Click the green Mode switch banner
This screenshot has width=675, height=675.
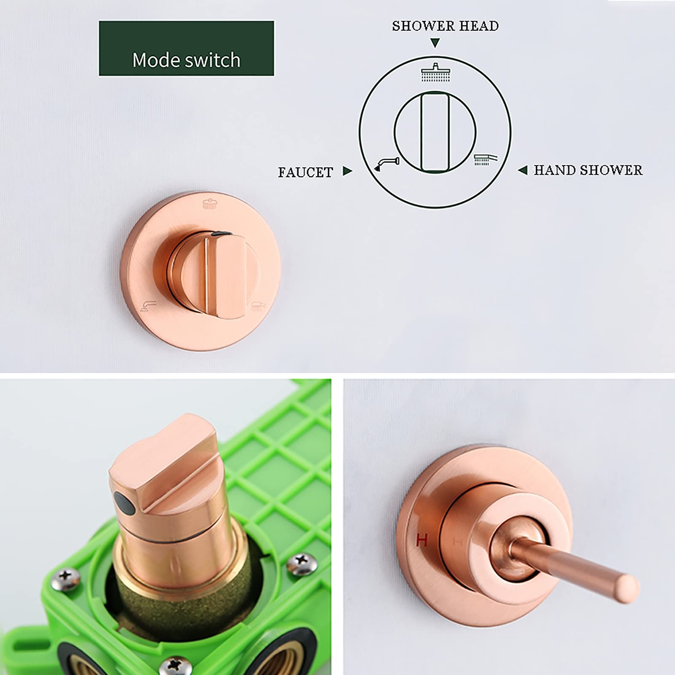[x=186, y=49]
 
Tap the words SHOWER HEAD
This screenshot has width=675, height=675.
[x=445, y=26]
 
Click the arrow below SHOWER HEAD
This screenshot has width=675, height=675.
[x=435, y=43]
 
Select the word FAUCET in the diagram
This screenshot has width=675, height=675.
[x=305, y=172]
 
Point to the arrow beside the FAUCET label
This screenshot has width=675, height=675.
[x=347, y=171]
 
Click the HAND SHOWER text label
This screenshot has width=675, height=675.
[x=588, y=170]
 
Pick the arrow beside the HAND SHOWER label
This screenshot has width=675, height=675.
[x=523, y=170]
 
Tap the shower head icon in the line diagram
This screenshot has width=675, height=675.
[x=435, y=72]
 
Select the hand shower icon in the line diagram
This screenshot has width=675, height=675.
[x=486, y=159]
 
